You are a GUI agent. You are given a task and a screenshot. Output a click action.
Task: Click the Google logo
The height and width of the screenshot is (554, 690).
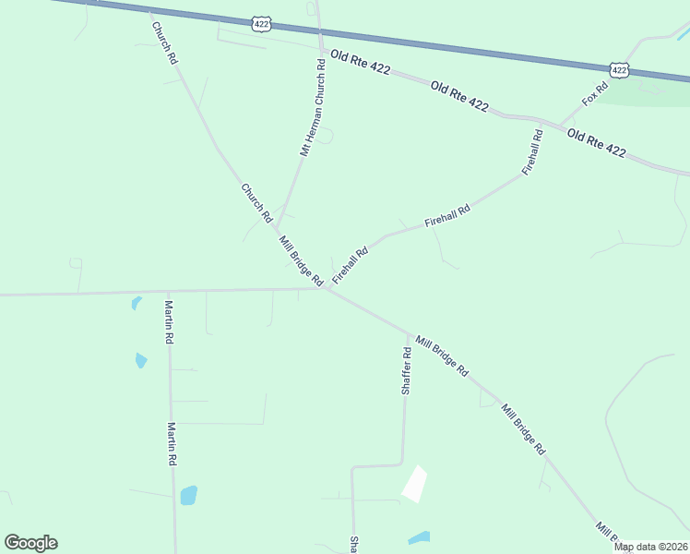[30, 543]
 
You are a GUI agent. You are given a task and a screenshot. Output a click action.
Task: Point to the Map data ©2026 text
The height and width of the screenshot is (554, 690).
[650, 547]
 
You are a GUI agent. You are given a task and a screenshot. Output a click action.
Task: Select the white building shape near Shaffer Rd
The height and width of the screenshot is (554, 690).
[414, 484]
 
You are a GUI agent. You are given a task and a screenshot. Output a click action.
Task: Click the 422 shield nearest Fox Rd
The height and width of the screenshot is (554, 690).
[620, 69]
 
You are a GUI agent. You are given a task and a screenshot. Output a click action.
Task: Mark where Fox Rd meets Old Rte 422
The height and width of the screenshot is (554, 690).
[560, 126]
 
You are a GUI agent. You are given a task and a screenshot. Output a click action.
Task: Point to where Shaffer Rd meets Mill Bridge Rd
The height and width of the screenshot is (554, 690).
[408, 333]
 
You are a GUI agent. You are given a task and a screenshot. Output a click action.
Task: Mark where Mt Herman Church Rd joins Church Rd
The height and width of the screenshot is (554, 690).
[277, 229]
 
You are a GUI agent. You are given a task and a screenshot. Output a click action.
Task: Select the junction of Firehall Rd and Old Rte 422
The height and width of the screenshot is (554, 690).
[541, 121]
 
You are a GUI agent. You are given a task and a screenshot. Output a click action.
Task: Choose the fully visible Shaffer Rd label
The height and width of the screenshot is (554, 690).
[406, 371]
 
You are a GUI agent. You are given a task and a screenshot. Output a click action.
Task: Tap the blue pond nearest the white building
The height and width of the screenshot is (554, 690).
[420, 537]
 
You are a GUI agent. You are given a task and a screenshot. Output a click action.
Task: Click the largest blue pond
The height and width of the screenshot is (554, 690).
[189, 495]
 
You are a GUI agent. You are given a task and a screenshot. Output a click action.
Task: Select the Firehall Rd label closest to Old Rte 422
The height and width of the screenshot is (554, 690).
[532, 152]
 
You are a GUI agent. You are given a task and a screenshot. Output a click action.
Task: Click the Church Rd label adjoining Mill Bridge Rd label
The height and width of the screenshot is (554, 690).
[256, 203]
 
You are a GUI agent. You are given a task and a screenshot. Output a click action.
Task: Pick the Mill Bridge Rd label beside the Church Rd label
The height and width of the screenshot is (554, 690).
[302, 259]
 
